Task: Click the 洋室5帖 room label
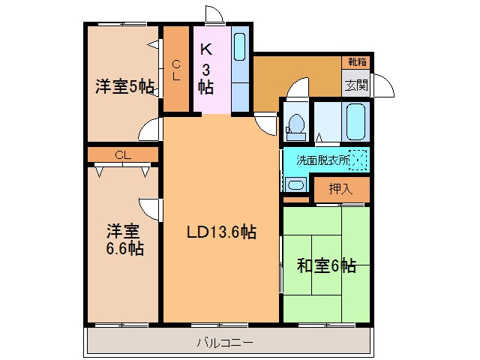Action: point(124,87)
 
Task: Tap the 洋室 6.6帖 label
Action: point(124,238)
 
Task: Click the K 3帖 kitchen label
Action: point(206,67)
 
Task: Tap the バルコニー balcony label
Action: point(225,343)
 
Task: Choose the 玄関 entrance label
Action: point(356,85)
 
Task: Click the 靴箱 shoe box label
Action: point(355,61)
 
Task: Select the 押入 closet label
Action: point(340,190)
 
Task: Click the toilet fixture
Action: point(295,125)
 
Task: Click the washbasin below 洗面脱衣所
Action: point(295,184)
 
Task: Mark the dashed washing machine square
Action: point(358,159)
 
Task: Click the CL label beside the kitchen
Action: point(176,70)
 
